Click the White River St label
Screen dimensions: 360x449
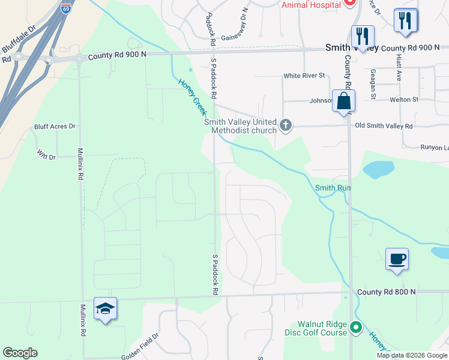point(304,76)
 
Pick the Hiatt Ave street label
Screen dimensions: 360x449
point(399,67)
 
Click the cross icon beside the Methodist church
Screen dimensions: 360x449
point(286,126)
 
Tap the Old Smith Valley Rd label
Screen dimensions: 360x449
point(384,126)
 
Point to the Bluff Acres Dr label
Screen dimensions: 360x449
point(55,127)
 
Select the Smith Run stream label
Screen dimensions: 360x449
point(333,188)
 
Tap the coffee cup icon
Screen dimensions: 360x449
point(397,259)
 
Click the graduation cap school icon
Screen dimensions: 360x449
point(105,308)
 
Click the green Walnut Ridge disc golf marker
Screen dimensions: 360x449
point(356,328)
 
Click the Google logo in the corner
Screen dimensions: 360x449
point(20,353)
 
